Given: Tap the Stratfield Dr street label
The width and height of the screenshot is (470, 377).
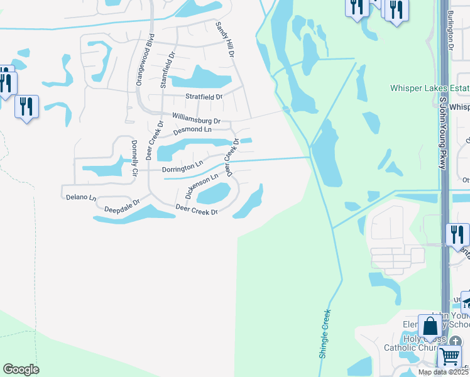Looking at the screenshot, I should (x=204, y=97).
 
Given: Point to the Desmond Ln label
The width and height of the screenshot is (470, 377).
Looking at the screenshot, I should (x=192, y=129).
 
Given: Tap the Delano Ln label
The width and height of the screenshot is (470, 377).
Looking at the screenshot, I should (x=81, y=197).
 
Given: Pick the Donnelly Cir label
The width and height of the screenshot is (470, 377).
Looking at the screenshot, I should (x=134, y=156).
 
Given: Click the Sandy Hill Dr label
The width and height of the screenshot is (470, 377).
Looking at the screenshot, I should (x=225, y=40).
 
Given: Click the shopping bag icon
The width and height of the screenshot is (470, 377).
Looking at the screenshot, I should (x=430, y=327).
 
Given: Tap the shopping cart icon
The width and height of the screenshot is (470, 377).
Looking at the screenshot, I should (x=449, y=356).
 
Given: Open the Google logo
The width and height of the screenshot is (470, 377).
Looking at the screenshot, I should (x=21, y=369).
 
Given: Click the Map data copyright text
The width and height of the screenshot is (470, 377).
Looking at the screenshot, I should (x=443, y=372).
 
